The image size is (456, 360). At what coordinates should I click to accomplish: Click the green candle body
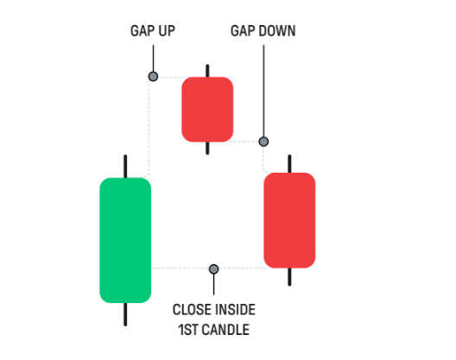pyautogui.click(x=125, y=240)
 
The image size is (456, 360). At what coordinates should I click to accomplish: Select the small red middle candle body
pyautogui.click(x=207, y=110)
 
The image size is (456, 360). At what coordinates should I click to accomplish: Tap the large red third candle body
pyautogui.click(x=289, y=220)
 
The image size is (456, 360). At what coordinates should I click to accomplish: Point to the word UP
pyautogui.click(x=167, y=31)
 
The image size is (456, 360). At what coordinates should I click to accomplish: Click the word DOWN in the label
pyautogui.click(x=277, y=31)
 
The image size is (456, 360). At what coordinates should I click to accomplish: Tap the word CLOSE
pyautogui.click(x=190, y=310)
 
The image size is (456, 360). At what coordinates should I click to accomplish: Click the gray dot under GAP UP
pyautogui.click(x=153, y=77)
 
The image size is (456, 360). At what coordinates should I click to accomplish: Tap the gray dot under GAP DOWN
pyautogui.click(x=263, y=142)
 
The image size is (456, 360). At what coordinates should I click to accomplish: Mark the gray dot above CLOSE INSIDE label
pyautogui.click(x=214, y=269)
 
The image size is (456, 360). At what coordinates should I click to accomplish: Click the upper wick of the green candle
pyautogui.click(x=125, y=167)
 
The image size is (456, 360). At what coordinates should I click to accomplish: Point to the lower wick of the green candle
pyautogui.click(x=125, y=314)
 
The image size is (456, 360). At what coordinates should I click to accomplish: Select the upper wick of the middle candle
pyautogui.click(x=207, y=71)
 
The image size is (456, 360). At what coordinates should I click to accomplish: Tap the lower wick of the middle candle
pyautogui.click(x=207, y=148)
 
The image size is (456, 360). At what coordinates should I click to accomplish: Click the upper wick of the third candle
pyautogui.click(x=289, y=164)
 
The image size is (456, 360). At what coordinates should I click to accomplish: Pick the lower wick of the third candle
pyautogui.click(x=289, y=277)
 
